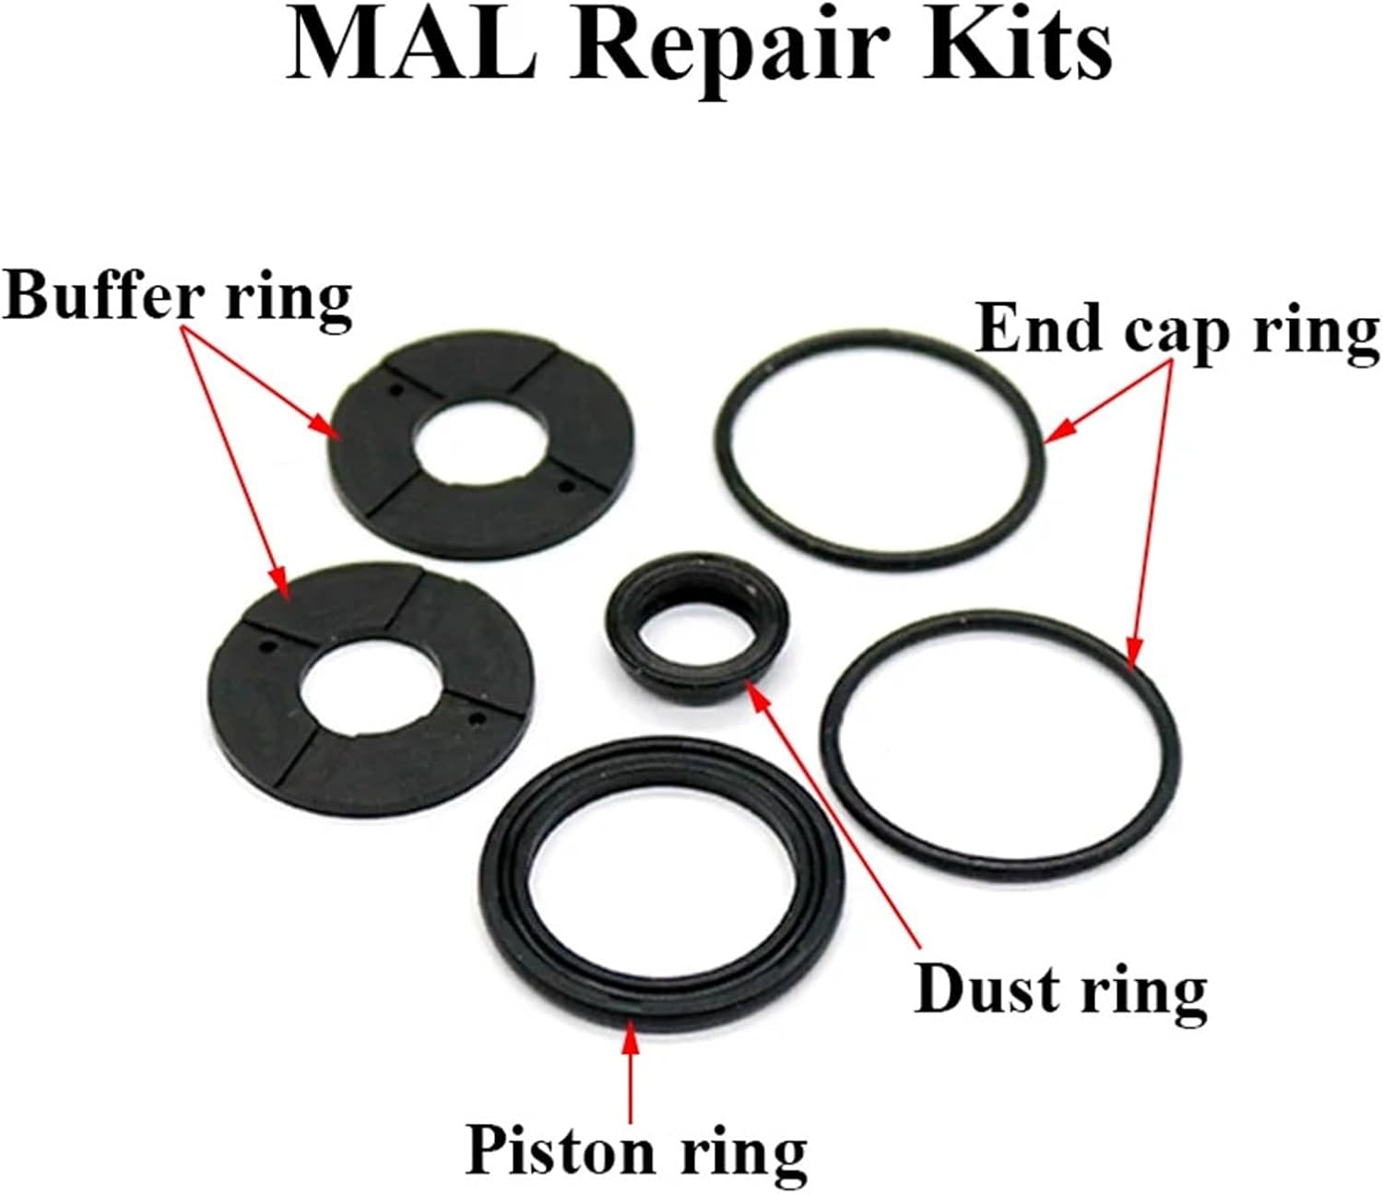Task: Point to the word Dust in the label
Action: pos(987,990)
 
